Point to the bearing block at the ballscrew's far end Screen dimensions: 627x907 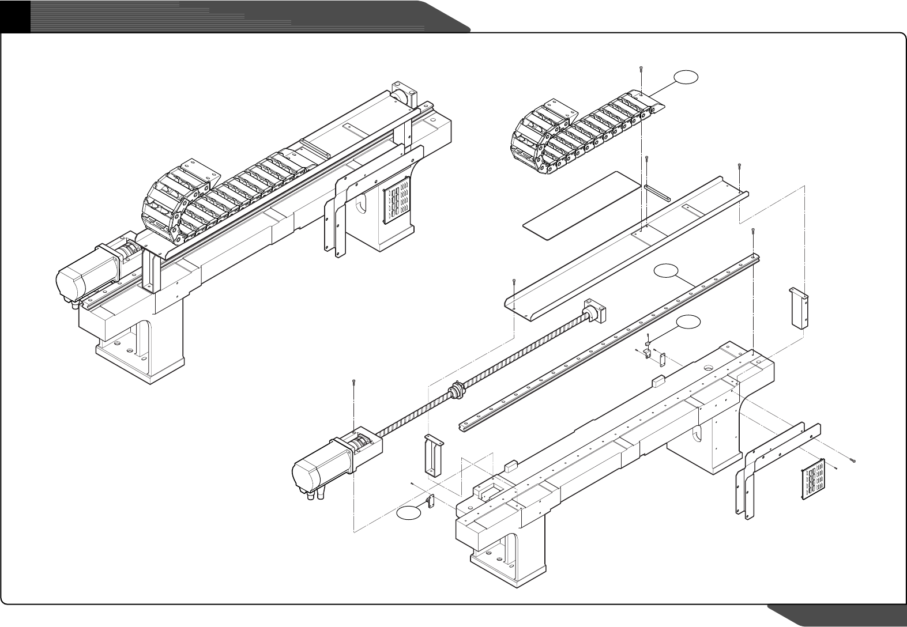point(596,312)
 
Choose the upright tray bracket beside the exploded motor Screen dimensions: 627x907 point(434,455)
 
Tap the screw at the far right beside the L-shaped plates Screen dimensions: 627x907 point(853,460)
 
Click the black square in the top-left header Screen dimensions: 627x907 point(14,16)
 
